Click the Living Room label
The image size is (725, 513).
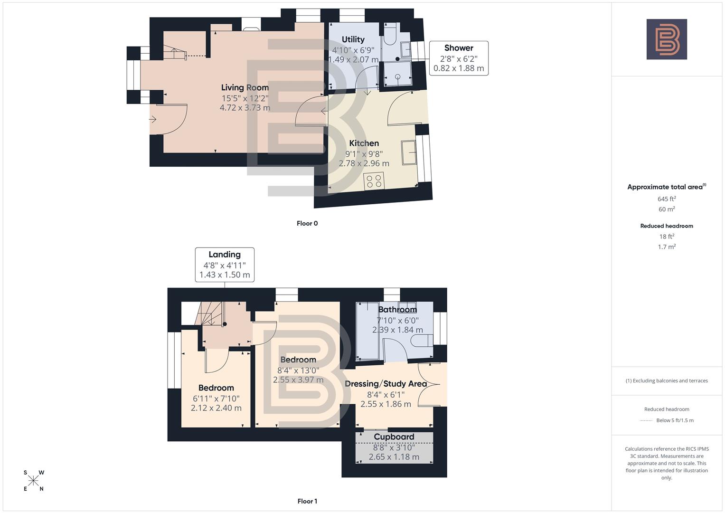245,87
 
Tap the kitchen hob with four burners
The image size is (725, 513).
373,181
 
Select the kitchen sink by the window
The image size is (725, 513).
409,152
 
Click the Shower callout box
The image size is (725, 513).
458,58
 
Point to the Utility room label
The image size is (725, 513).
353,39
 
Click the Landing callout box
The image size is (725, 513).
225,265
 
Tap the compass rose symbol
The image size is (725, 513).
33,481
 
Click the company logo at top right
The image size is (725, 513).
666,39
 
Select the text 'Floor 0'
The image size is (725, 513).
307,223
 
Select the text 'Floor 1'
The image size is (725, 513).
307,501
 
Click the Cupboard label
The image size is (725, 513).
394,437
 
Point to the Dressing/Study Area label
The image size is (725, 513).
386,383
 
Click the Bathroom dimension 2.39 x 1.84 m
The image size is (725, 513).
397,330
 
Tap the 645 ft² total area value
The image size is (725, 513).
666,199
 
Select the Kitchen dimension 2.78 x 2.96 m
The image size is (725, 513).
364,163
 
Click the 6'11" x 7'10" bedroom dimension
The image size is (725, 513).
216,399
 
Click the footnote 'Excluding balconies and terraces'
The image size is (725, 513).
666,380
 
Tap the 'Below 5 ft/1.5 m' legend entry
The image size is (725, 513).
674,420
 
